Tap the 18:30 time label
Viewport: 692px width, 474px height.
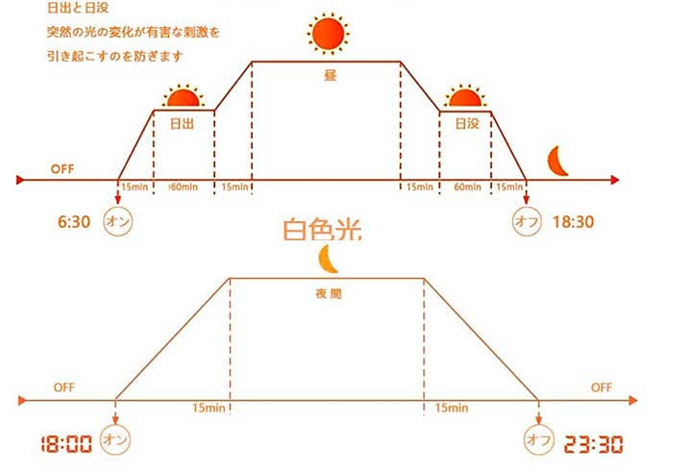pos(573,222)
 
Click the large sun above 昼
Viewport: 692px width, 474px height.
pos(326,35)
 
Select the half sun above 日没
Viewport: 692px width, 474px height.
pos(465,97)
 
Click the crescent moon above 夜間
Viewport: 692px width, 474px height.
pos(330,258)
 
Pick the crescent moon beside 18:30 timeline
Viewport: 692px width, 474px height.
pos(558,161)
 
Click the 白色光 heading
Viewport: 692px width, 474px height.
pos(323,232)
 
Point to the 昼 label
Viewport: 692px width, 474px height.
pos(330,76)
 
